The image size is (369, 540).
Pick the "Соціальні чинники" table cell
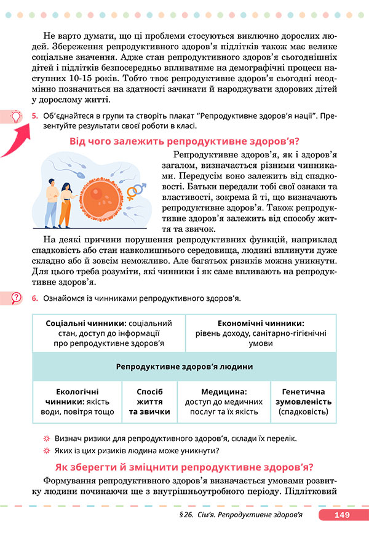108,333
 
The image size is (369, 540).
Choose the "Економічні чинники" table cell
261,333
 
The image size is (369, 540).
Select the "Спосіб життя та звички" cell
149,401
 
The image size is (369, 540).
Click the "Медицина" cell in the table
224,401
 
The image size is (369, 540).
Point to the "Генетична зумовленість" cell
303,401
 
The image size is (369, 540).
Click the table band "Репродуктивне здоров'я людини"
184,367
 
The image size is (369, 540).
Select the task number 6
36,299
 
